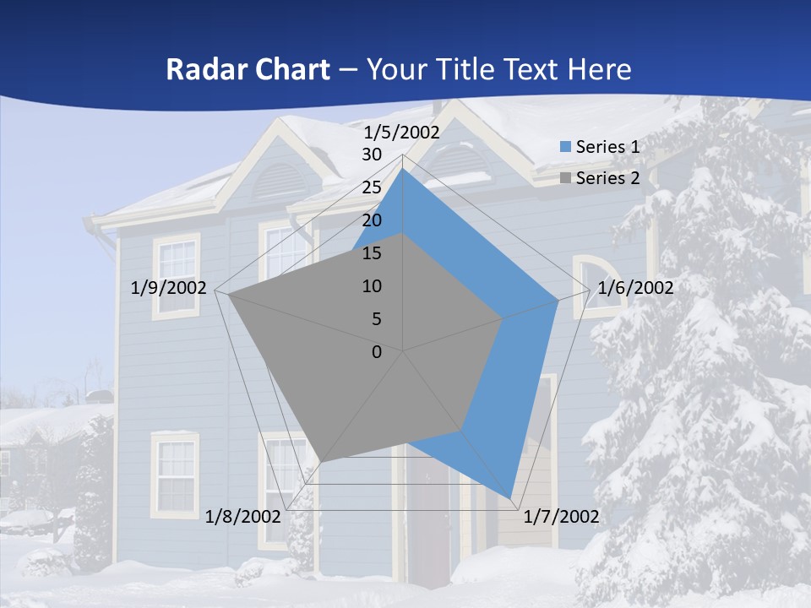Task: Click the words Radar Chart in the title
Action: pos(247,69)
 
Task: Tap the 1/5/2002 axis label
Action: pos(402,132)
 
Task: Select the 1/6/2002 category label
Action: pos(635,288)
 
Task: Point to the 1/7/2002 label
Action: pos(561,517)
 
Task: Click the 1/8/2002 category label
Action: pos(242,517)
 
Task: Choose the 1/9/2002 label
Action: pos(169,288)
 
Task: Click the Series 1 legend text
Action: pos(607,147)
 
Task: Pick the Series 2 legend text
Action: pos(607,178)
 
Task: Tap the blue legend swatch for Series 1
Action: pos(566,147)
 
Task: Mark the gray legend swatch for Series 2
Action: pos(566,178)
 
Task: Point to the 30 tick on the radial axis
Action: pos(372,155)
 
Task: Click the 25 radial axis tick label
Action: pos(372,187)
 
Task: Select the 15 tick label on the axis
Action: pos(372,253)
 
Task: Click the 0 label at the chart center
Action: pos(377,352)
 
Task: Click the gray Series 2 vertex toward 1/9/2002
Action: pos(228,294)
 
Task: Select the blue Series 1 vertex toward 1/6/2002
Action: pos(558,300)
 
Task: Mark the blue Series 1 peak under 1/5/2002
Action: pos(403,171)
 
